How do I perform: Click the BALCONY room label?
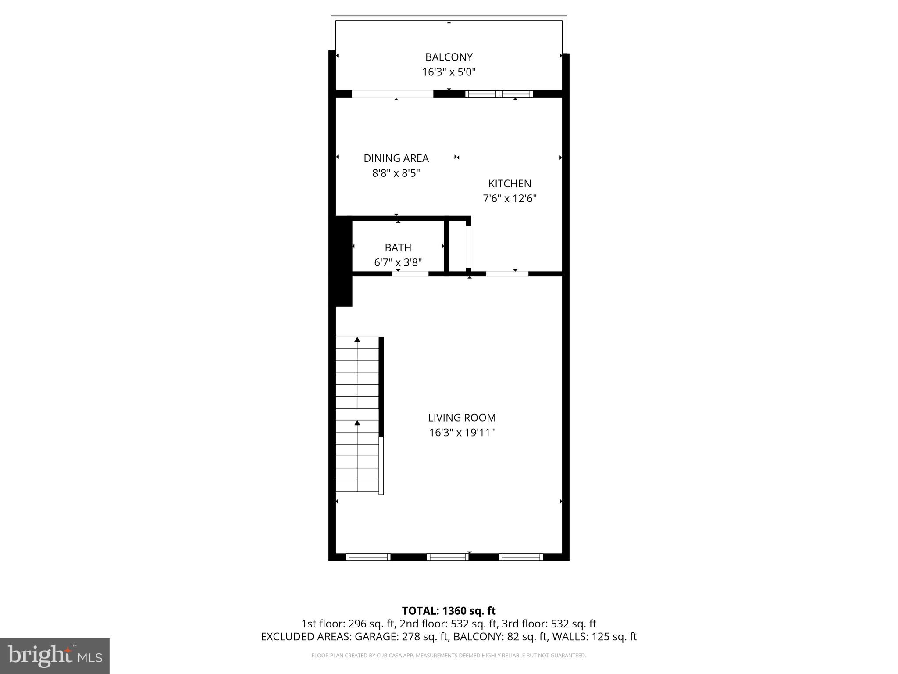click(449, 57)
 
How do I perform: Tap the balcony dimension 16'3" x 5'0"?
click(449, 72)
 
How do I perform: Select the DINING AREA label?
click(396, 158)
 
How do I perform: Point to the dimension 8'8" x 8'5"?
click(396, 173)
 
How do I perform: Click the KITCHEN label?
click(510, 183)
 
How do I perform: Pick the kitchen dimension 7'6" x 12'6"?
click(510, 198)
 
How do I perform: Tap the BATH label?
click(398, 247)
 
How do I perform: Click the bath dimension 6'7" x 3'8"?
click(398, 262)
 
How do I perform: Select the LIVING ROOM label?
click(462, 418)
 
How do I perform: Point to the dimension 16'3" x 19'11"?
click(462, 433)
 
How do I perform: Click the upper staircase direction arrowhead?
click(357, 340)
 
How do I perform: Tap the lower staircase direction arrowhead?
click(357, 423)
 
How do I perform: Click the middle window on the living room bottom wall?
click(448, 557)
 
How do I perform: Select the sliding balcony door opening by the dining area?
click(392, 94)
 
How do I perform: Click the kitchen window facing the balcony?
click(499, 94)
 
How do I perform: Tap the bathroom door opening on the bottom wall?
click(410, 274)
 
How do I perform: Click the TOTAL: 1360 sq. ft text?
click(449, 611)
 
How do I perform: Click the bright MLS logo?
click(54, 656)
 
